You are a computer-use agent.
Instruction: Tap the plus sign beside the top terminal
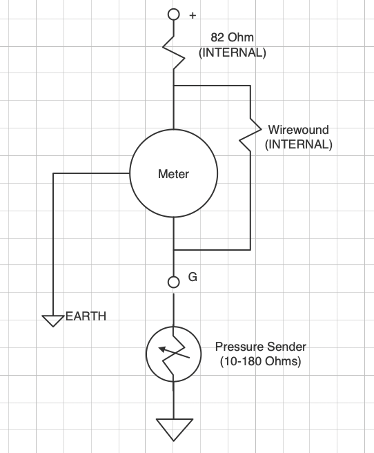pos(193,15)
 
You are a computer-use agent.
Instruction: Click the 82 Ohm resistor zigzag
pos(174,53)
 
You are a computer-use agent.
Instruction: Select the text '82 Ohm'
pos(232,37)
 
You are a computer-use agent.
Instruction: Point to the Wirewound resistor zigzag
pos(250,135)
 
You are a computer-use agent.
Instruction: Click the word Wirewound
pos(298,130)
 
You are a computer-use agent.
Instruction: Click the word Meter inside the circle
pos(173,174)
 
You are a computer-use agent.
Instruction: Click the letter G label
pos(193,277)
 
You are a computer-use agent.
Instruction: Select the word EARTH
pos(86,316)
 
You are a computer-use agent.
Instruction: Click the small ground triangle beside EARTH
pos(53,321)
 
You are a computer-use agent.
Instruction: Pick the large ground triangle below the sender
pos(174,430)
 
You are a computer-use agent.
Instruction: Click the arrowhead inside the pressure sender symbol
pos(163,349)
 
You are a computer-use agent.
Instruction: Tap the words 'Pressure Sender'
pos(261,347)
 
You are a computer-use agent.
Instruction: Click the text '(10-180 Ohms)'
pos(261,361)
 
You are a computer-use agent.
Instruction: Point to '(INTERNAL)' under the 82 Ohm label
pos(233,52)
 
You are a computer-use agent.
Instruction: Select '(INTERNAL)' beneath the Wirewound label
pos(299,144)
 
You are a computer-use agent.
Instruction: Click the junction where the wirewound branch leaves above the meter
pos(174,86)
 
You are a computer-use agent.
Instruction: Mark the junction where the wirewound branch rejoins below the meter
pos(174,249)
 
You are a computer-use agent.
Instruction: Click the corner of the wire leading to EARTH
pos(53,173)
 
